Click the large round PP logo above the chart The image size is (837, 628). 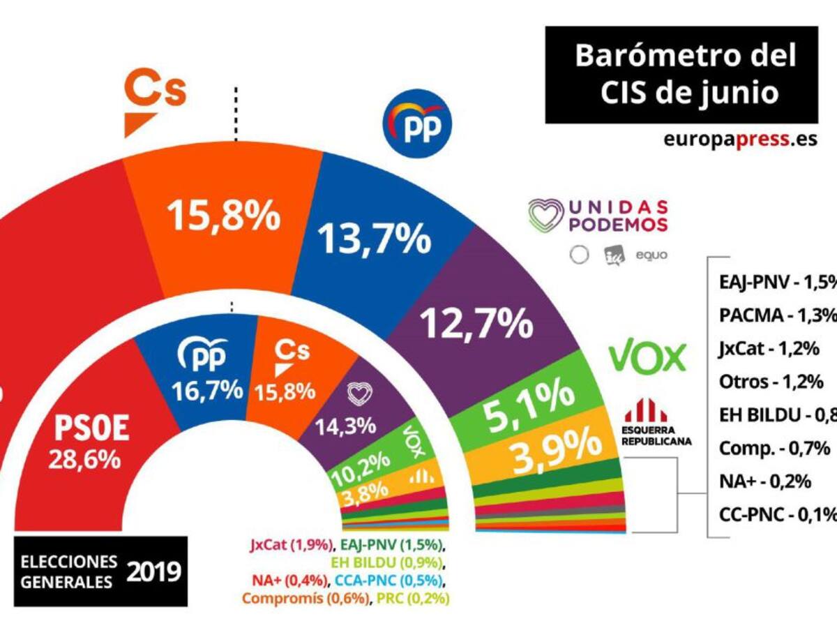point(417,123)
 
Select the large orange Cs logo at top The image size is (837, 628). point(155,100)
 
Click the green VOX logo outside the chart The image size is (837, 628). point(647,357)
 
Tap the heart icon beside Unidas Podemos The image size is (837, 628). point(545,215)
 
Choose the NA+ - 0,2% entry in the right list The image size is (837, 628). point(764,481)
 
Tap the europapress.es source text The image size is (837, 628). point(740,139)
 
